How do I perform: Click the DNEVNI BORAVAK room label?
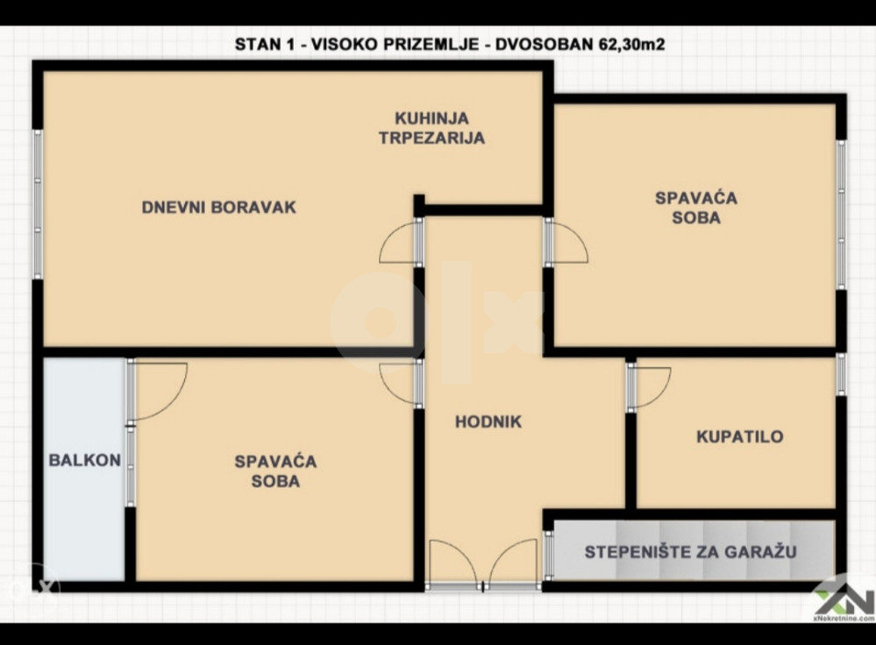pyautogui.click(x=218, y=207)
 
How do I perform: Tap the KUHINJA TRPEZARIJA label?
pyautogui.click(x=431, y=128)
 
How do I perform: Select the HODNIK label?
pyautogui.click(x=488, y=422)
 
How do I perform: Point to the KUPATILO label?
pyautogui.click(x=740, y=436)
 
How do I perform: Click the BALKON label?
pyautogui.click(x=85, y=460)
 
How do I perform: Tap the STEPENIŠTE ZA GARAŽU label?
pyautogui.click(x=690, y=552)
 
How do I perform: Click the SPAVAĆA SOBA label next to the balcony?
pyautogui.click(x=275, y=471)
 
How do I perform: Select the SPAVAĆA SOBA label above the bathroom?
pyautogui.click(x=696, y=207)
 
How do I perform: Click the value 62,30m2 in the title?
pyautogui.click(x=632, y=44)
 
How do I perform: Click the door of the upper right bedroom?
pyautogui.click(x=566, y=241)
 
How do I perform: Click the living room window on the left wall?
pyautogui.click(x=38, y=204)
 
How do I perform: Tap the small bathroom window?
pyautogui.click(x=841, y=374)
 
